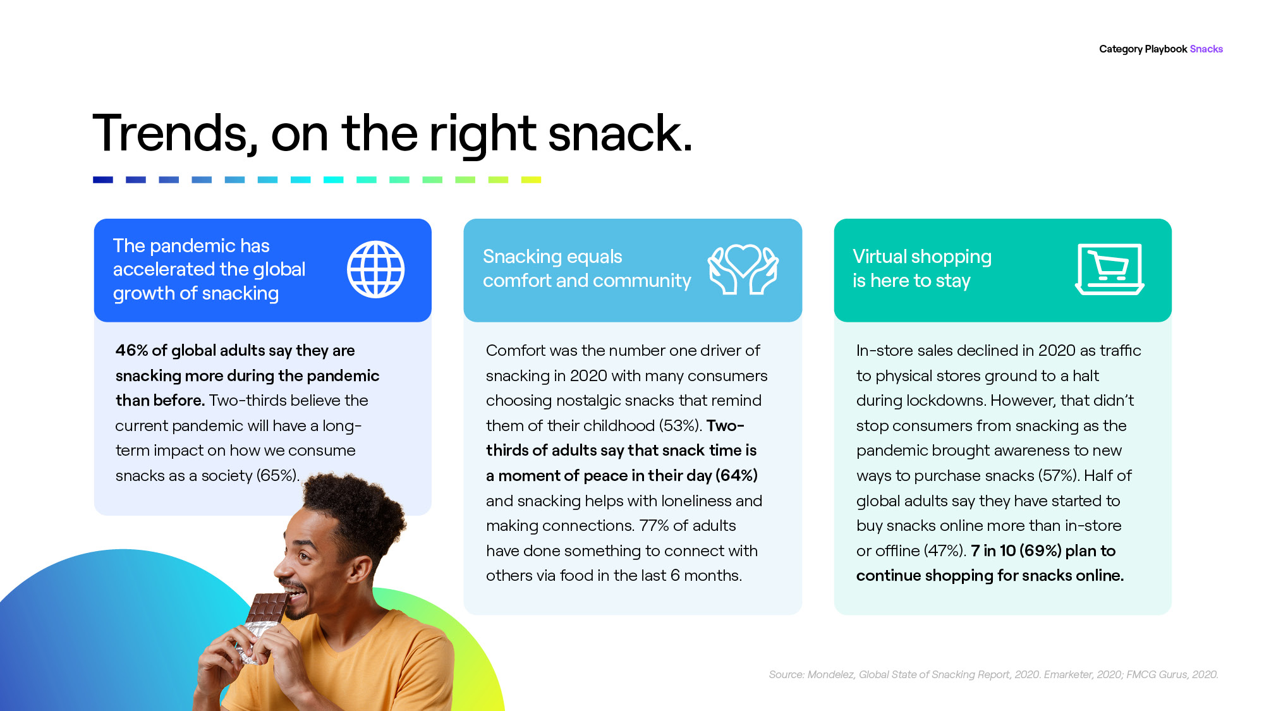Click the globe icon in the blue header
376,269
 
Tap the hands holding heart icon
743,269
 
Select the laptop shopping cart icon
1110,269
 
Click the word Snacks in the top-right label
1206,49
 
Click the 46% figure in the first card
131,350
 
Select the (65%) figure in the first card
278,476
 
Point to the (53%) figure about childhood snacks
681,426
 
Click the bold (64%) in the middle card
736,476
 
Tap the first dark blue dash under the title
103,180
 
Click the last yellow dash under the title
531,180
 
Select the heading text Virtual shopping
922,257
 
